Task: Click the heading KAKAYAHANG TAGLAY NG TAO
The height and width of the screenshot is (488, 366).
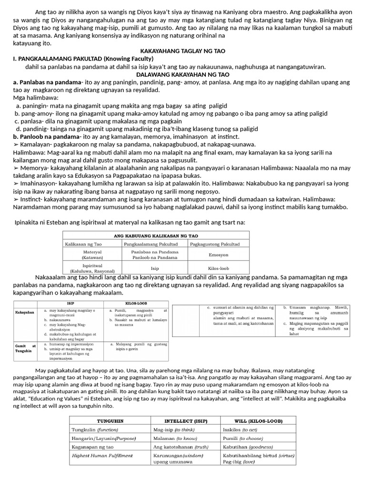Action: pos(183,51)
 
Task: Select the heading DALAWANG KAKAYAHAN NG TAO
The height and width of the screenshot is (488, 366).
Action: pos(183,75)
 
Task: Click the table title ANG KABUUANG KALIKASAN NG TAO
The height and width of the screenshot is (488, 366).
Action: pos(156,236)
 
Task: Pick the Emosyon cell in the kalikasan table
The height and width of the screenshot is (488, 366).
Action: pos(218,254)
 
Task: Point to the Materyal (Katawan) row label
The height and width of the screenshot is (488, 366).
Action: pos(92,254)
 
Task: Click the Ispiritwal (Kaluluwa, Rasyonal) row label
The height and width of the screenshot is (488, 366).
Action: pos(92,268)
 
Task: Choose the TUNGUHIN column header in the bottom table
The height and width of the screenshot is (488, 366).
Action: pos(111,421)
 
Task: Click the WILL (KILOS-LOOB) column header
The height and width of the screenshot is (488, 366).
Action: pos(259,421)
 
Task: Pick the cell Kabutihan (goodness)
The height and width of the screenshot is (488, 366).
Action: pos(248,447)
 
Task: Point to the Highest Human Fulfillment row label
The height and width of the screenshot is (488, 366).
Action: pos(102,456)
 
